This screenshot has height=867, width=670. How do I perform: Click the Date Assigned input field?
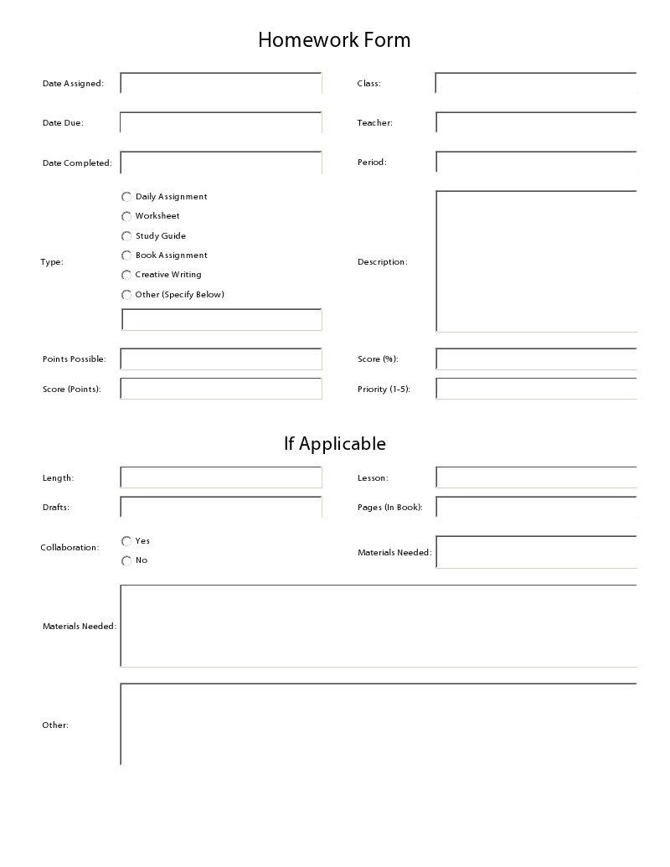pos(221,83)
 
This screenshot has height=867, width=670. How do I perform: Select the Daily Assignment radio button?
pos(127,197)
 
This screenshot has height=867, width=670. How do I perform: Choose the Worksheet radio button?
pos(127,216)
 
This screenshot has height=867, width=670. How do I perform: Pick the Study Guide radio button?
pos(127,236)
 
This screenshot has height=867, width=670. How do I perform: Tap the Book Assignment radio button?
pos(127,255)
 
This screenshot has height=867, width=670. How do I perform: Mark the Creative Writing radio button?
pos(127,275)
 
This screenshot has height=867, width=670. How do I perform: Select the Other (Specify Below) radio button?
pos(127,295)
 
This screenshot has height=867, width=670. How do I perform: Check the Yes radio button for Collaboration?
pos(127,541)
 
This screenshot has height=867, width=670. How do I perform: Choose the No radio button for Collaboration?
pos(127,560)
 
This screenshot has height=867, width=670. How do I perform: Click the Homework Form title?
pos(334,39)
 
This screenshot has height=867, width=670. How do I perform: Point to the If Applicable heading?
pos(334,443)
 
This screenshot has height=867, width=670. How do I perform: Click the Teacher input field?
pos(536,122)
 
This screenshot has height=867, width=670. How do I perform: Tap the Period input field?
pos(536,162)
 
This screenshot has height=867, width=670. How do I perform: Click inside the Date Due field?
pos(221,122)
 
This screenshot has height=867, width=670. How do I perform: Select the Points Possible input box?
pos(221,359)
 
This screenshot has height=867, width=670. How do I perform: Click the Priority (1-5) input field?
pos(536,389)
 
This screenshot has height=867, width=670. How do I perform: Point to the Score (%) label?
pos(378,359)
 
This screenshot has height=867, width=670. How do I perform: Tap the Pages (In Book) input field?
pos(536,507)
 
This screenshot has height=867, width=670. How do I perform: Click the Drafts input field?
pos(221,507)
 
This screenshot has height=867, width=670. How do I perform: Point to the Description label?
pos(382,262)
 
